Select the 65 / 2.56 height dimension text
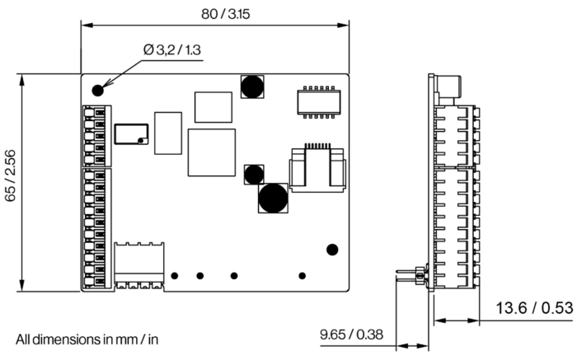[10, 181]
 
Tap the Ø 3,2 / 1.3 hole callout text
[172, 50]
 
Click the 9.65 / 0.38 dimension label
[352, 334]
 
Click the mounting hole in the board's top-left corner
[98, 89]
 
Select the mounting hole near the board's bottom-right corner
[332, 250]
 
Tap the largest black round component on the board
[272, 198]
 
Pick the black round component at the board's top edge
[251, 85]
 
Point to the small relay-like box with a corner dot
[131, 134]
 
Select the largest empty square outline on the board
[212, 152]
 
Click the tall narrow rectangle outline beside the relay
[167, 132]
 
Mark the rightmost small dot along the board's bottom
[303, 275]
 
